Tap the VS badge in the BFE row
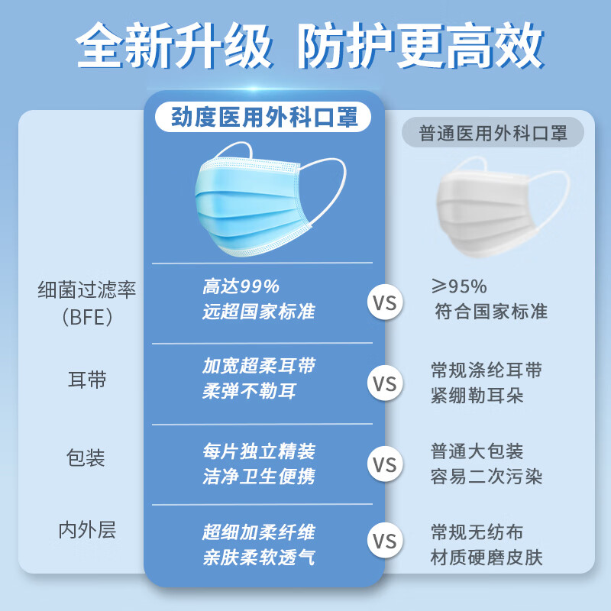[x=386, y=302]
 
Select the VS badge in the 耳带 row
[x=386, y=381]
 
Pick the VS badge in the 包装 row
[x=386, y=463]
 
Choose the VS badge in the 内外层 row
[x=386, y=541]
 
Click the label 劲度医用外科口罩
[x=263, y=118]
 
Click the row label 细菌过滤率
[x=87, y=290]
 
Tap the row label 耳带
[x=87, y=380]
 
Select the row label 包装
[x=86, y=458]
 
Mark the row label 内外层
[x=87, y=530]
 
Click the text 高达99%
[x=241, y=286]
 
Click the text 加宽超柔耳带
[x=258, y=366]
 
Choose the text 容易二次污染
[x=487, y=477]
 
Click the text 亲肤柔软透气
[x=258, y=558]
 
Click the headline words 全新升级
[x=175, y=47]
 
